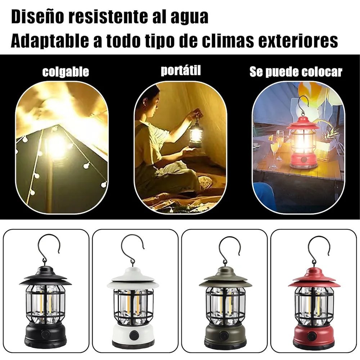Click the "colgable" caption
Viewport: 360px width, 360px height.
pos(66,72)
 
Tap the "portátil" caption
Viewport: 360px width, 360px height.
pos(181,70)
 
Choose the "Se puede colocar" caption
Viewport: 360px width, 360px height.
pos(296,72)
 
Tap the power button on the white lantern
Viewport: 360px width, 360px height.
pos(134,335)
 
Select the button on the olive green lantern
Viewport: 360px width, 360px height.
pos(223,335)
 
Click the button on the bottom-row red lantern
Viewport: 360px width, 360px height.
pos(311,336)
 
